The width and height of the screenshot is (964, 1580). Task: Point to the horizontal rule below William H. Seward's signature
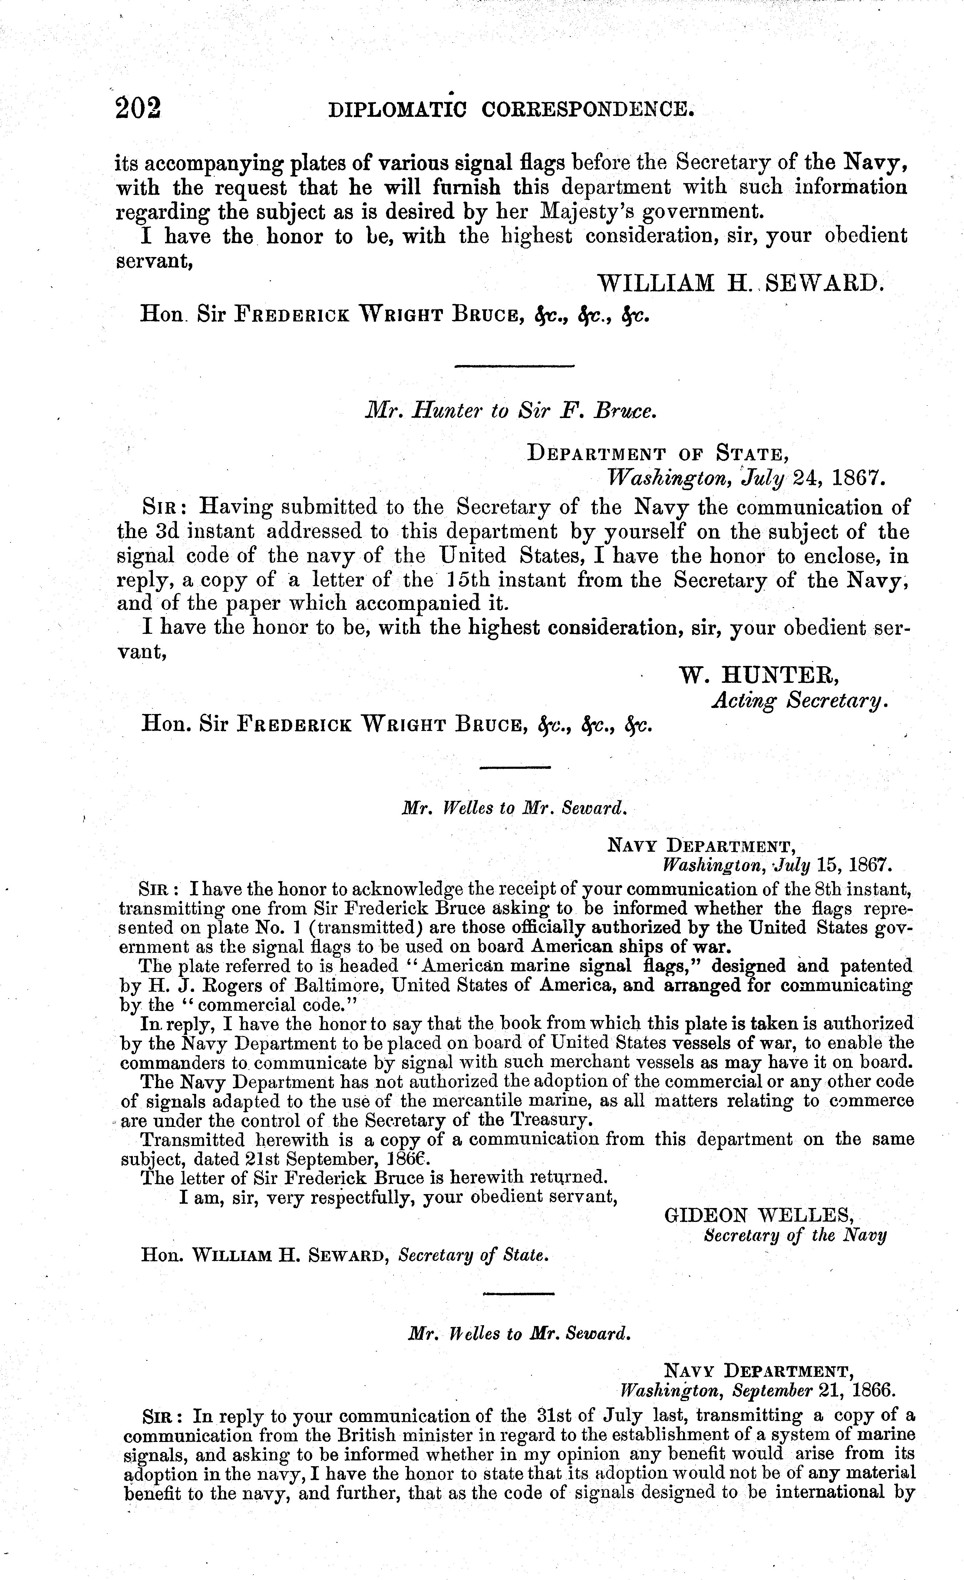coord(514,366)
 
